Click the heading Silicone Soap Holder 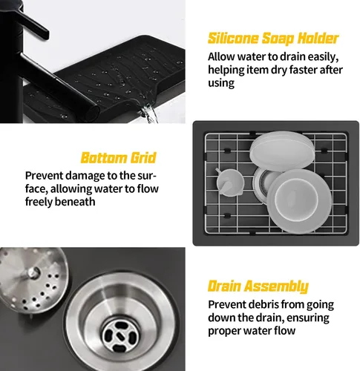point(273,39)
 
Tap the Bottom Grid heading point(119,157)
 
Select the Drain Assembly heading point(258,286)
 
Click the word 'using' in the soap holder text point(221,83)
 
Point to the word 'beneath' point(75,202)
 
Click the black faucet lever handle point(32,23)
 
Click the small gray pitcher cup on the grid point(229,183)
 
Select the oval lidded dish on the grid point(282,150)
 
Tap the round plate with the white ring point(299,201)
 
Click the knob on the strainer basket point(33,272)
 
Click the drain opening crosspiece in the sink point(120,336)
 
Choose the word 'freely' point(39,202)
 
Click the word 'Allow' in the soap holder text point(221,57)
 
